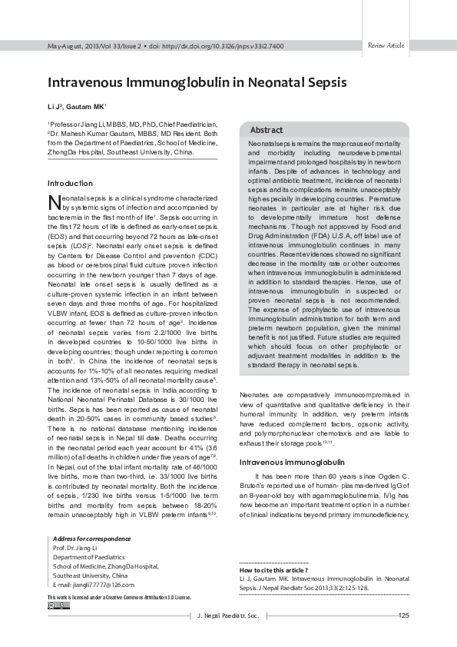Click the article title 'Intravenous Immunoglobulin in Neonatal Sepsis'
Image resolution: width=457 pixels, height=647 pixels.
coord(197,81)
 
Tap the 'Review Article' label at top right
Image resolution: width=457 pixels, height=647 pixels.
coord(386,46)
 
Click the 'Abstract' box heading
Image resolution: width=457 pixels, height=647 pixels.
coord(267,131)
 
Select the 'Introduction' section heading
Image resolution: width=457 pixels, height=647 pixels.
coord(70,184)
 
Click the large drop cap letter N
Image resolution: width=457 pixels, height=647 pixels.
coord(54,202)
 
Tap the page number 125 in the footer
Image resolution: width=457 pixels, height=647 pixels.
coord(405,615)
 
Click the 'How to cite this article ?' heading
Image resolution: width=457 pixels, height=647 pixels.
coord(274,570)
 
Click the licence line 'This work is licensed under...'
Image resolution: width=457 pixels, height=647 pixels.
coord(118,597)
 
